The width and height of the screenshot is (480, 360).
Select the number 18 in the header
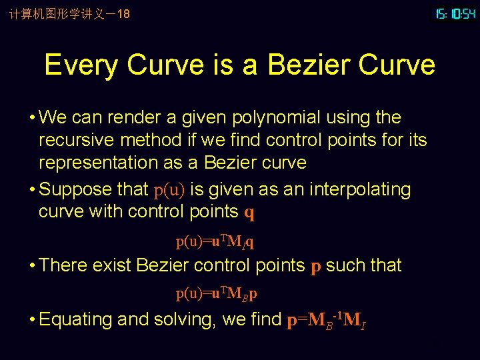(x=123, y=13)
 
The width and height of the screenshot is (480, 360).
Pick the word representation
(x=103, y=163)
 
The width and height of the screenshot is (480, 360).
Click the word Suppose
(x=75, y=189)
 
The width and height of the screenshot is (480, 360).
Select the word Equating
(x=75, y=320)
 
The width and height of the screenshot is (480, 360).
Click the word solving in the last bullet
(x=183, y=320)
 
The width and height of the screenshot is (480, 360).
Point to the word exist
(x=111, y=265)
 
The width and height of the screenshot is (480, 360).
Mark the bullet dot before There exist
(x=32, y=266)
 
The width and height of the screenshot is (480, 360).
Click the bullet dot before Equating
(x=32, y=320)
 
